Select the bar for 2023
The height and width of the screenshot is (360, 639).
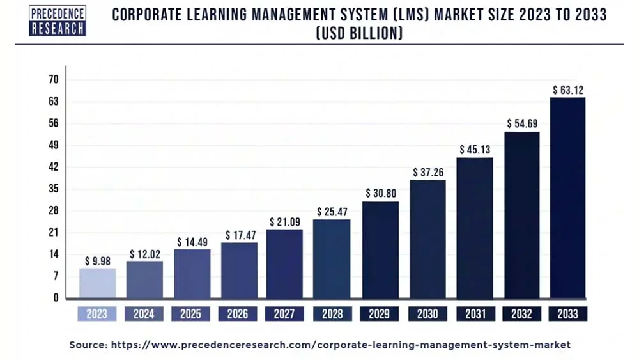click(97, 283)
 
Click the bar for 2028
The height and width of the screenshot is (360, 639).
click(332, 258)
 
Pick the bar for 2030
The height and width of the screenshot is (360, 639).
click(427, 239)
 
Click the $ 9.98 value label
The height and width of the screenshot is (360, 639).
click(97, 261)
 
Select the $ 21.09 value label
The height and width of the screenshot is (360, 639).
click(284, 221)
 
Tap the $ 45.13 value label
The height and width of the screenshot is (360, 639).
click(474, 150)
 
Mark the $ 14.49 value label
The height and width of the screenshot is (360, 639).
click(191, 242)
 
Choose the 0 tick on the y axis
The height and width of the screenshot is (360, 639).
click(56, 297)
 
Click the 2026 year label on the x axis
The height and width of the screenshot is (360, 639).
click(238, 314)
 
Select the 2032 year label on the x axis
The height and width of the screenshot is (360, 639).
click(521, 314)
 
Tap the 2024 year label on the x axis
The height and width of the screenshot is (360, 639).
click(144, 314)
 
